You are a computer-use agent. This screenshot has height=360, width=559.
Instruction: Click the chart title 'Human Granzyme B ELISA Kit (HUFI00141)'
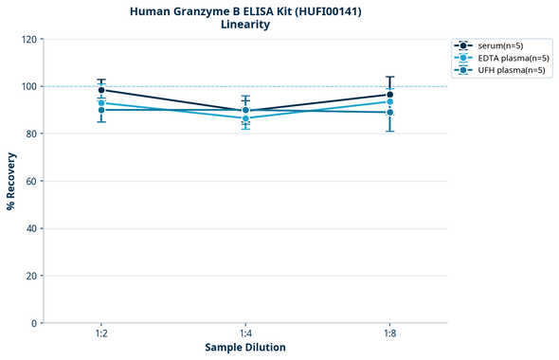[x=244, y=11]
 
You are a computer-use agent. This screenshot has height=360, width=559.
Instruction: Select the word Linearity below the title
[x=244, y=25]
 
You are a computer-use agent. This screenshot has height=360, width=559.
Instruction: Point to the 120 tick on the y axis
[x=29, y=39]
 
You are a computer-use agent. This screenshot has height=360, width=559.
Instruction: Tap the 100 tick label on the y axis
[x=29, y=86]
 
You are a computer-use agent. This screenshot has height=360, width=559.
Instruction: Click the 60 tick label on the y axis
[x=32, y=181]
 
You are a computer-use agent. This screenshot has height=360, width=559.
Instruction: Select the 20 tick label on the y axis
[x=32, y=276]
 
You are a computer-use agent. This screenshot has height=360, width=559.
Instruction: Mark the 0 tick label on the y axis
[x=35, y=323]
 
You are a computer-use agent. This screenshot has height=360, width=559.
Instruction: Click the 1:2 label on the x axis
[x=101, y=334]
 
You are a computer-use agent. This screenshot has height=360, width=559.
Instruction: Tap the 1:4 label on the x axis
[x=245, y=334]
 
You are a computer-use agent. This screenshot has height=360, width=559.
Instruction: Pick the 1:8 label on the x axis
[x=389, y=334]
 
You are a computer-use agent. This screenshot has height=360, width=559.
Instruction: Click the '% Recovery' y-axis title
[x=11, y=181]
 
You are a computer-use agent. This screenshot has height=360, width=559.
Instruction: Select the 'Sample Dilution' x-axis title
[x=245, y=348]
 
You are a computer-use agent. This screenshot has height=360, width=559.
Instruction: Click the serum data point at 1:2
[x=101, y=90]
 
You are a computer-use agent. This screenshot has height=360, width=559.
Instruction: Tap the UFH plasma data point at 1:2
[x=101, y=110]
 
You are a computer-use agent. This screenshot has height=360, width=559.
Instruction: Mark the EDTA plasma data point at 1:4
[x=245, y=118]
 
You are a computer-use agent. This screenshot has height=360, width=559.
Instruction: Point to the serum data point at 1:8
[x=389, y=95]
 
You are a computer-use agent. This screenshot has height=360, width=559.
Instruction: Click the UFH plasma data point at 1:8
[x=389, y=113]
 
